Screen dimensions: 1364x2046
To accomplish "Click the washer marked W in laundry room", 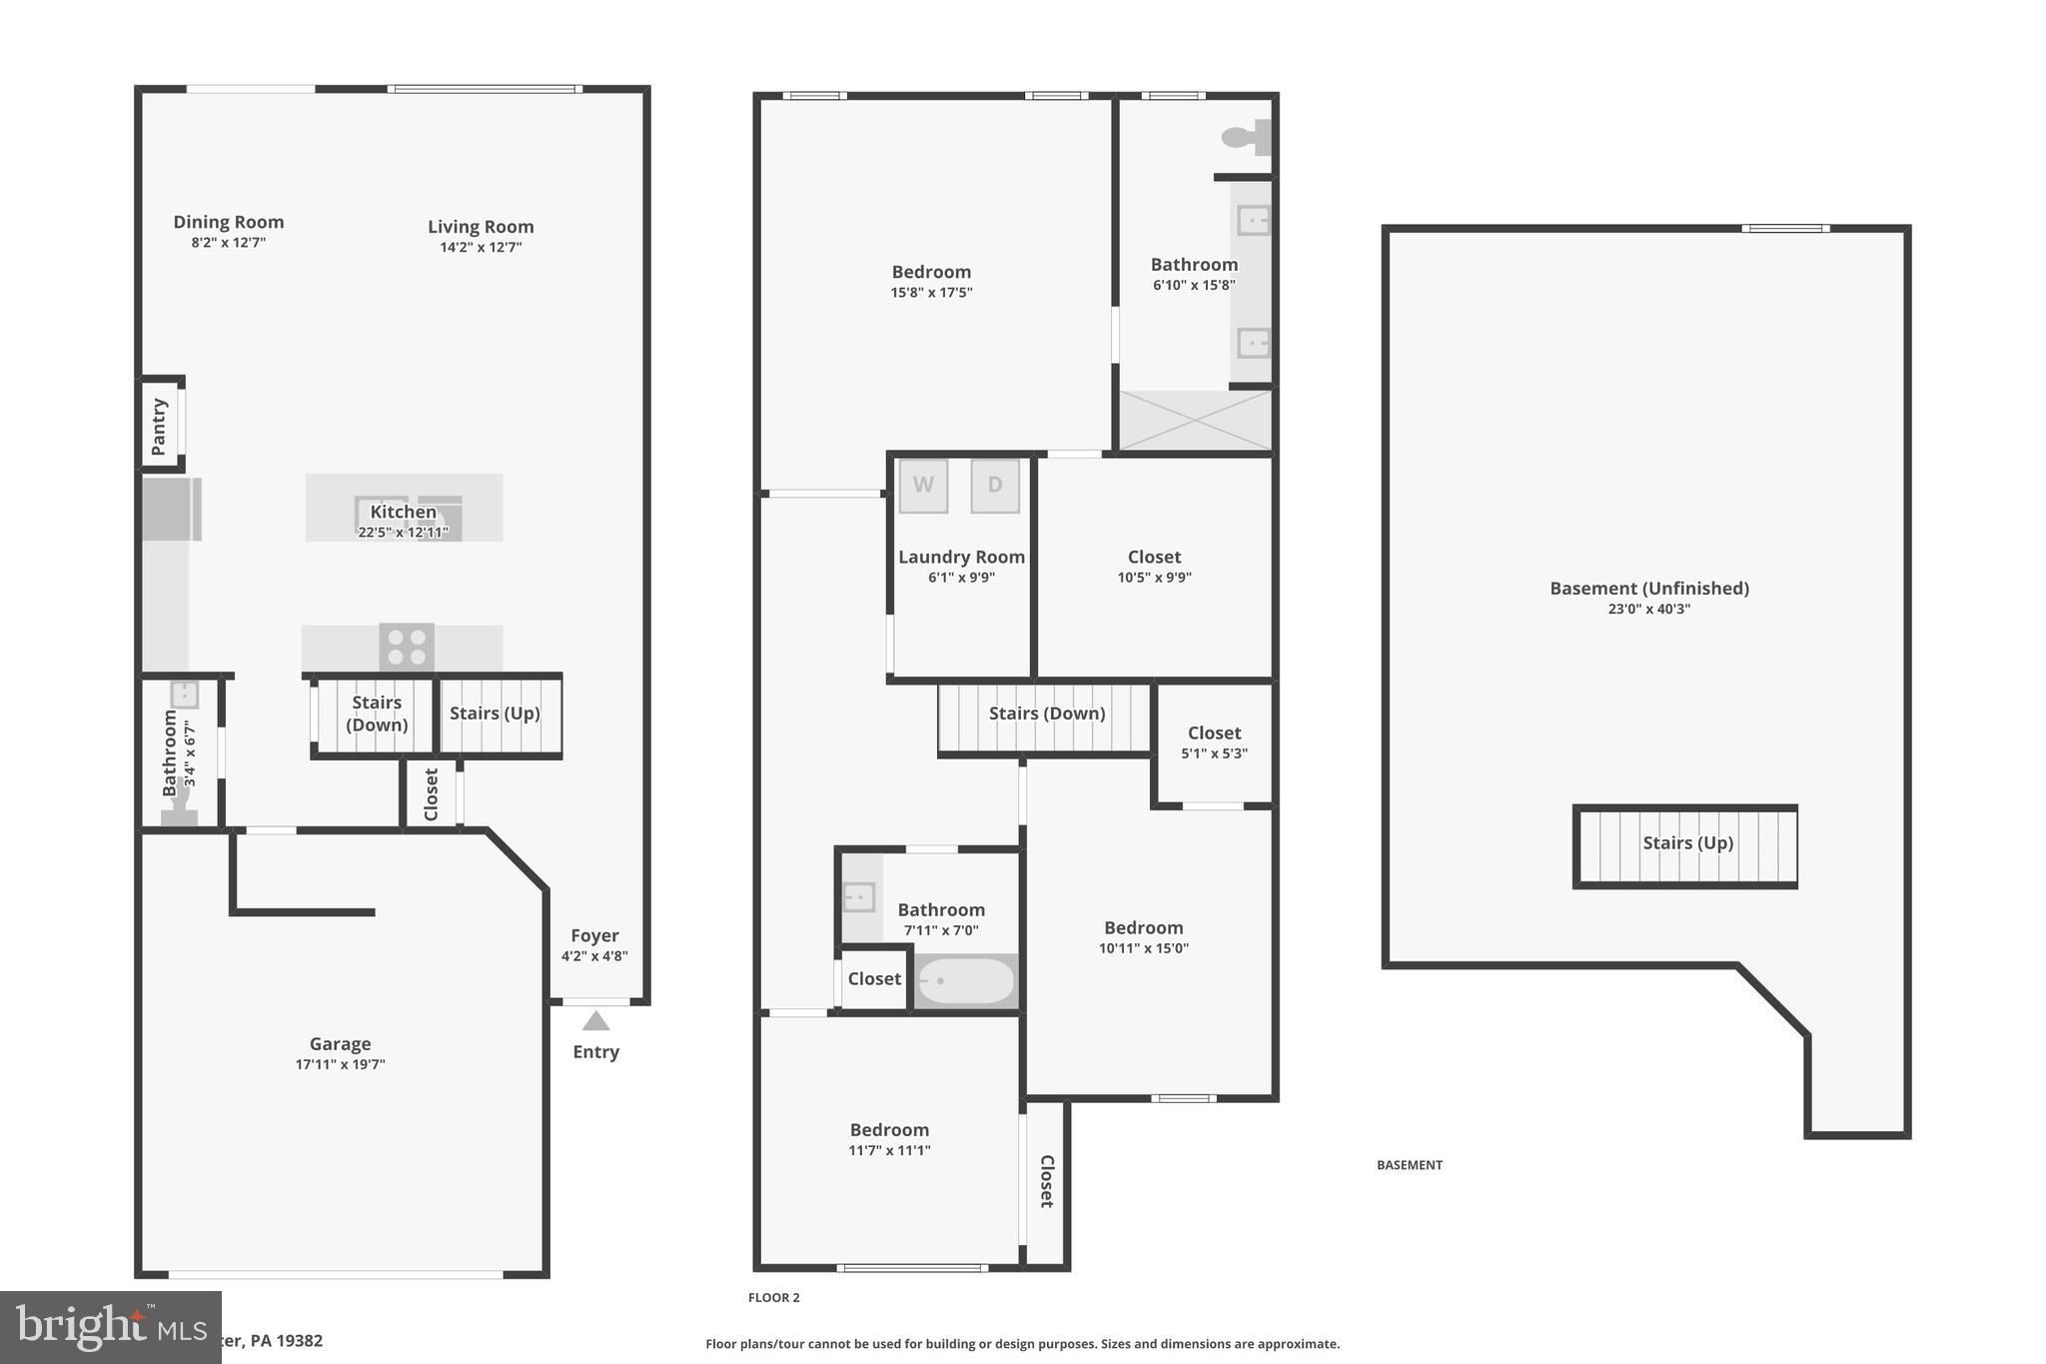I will [923, 486].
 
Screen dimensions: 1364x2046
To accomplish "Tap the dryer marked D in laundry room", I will [995, 486].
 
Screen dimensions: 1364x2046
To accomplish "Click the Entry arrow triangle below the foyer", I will [596, 1021].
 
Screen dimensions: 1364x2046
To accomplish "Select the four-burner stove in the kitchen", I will [407, 647].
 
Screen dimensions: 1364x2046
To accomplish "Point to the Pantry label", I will [159, 427].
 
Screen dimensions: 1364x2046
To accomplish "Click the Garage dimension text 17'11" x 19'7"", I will [340, 1065].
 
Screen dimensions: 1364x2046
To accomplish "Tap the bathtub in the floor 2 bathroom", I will [965, 981].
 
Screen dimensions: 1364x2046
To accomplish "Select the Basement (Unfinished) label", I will [1648, 589].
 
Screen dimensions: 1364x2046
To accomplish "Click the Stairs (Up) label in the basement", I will [1687, 843].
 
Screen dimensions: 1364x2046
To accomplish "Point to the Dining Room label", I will [229, 222].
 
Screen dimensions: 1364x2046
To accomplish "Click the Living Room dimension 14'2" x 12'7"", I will [481, 248].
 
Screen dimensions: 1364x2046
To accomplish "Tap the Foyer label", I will [594, 935].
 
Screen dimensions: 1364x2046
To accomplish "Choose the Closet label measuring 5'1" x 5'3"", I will [1214, 733].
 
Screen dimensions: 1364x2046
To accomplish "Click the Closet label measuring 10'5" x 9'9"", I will [1154, 558].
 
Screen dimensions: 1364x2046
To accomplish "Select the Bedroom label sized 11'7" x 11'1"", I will [889, 1130].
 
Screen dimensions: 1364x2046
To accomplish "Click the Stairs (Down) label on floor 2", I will [1046, 713].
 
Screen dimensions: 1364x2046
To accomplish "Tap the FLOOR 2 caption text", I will [773, 1298].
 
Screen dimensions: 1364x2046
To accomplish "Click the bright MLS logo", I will [110, 1327].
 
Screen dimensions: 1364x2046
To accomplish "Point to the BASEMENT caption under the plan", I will [1409, 1165].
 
